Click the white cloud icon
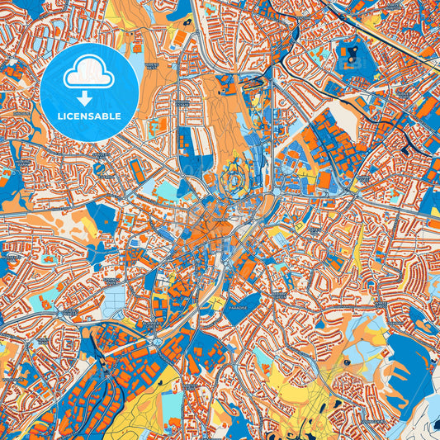tap(89, 73)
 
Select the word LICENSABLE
tap(89, 116)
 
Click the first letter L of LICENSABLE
tap(59, 116)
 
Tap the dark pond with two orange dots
tap(354, 54)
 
